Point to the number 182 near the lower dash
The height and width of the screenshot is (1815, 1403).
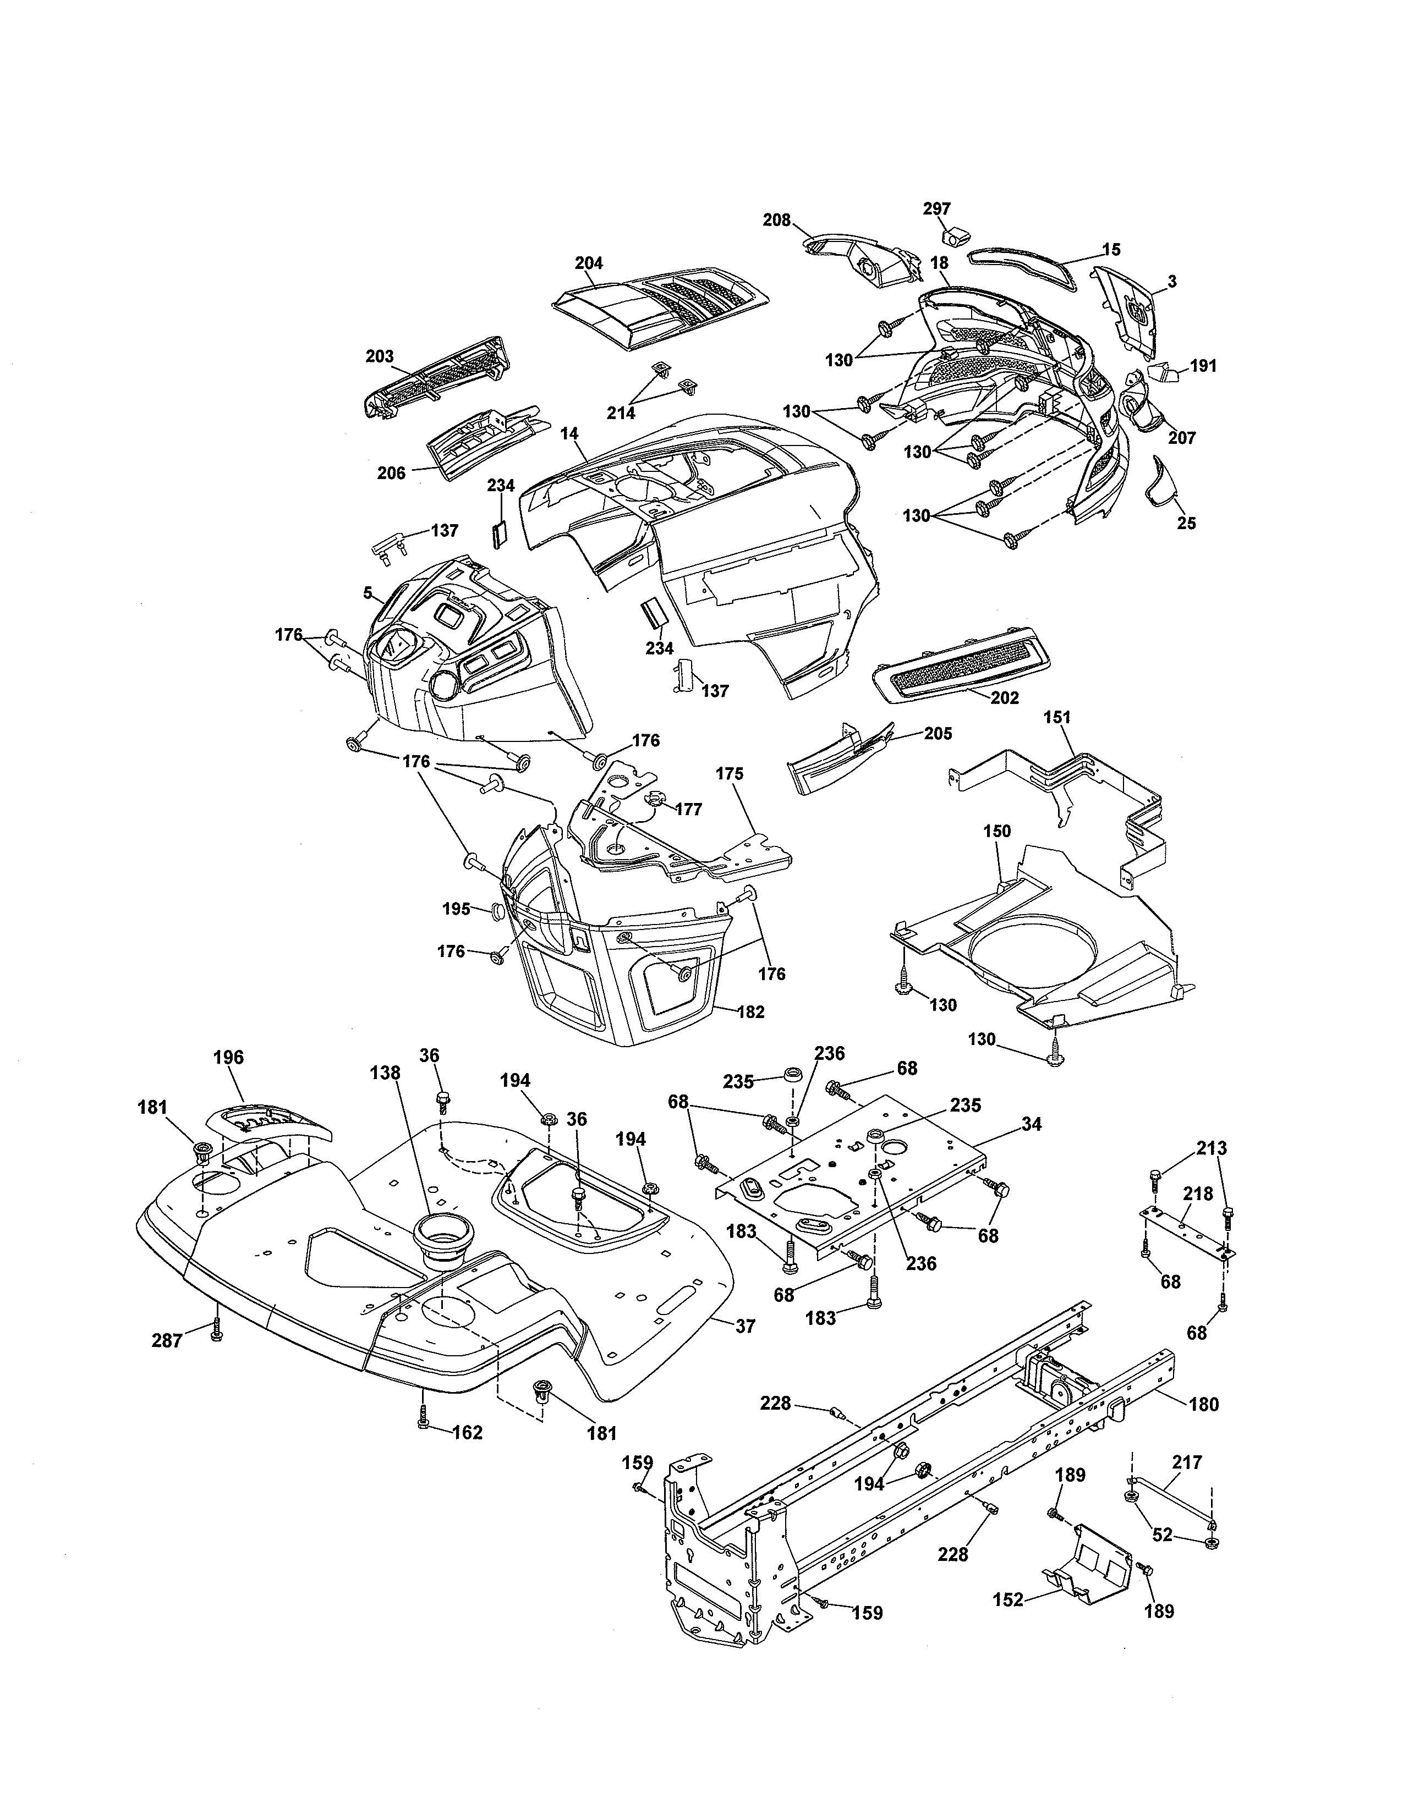(x=750, y=1012)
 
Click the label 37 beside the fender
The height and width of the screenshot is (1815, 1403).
(x=746, y=1327)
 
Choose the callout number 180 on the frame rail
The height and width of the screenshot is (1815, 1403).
(x=1203, y=1405)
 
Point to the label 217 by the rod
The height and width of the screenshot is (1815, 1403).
(x=1186, y=1462)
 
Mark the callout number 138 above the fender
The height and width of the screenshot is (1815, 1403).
(x=385, y=1073)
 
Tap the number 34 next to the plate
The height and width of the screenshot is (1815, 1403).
(x=1032, y=1124)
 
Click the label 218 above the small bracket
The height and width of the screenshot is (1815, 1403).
(x=1198, y=1193)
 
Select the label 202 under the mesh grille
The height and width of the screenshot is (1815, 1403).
(x=1004, y=698)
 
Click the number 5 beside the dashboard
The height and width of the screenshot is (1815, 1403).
(x=366, y=592)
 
